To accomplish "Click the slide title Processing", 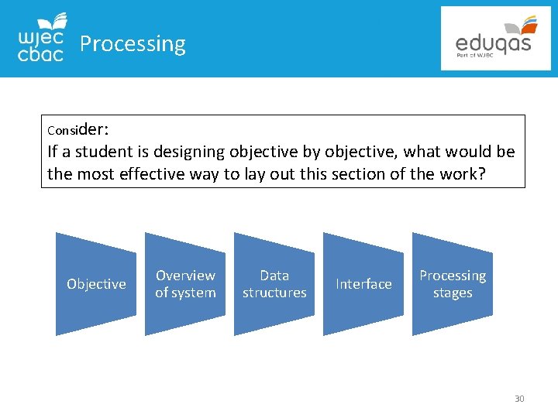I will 133,44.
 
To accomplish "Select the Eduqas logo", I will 495,39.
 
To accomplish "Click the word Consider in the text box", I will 77,127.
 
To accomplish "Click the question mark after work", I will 482,173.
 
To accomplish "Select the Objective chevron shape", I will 96,284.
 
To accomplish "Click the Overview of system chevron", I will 185,284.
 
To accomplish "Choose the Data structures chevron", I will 274,284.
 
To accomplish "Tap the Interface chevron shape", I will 363,284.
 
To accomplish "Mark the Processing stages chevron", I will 453,284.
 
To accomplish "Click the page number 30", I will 519,399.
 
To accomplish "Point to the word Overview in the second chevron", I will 185,276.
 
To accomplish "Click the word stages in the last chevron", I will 453,293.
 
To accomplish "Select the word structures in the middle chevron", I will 274,293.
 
